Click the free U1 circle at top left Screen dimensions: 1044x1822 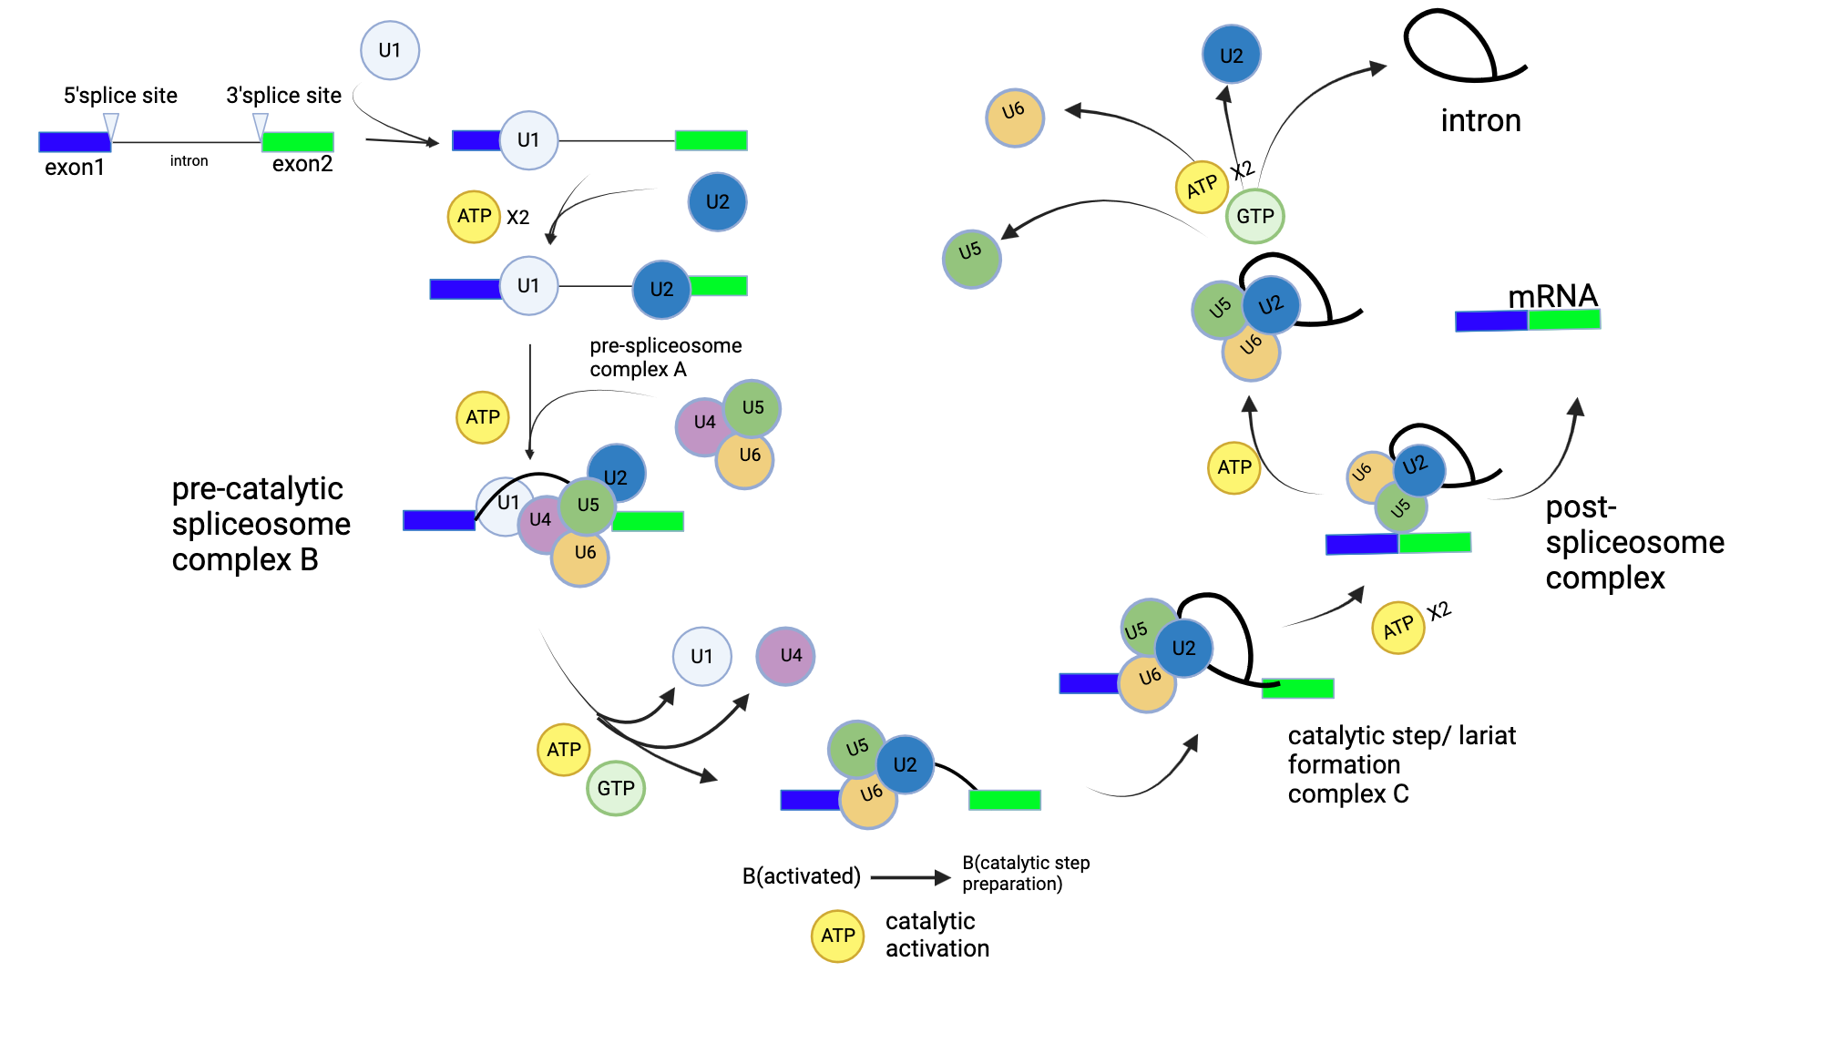(x=390, y=51)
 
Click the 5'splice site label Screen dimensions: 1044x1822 (x=120, y=96)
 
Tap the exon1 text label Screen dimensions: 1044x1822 (x=75, y=168)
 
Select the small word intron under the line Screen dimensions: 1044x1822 (x=189, y=161)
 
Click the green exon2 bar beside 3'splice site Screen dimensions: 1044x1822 (x=298, y=141)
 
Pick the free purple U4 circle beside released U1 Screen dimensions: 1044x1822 (x=785, y=656)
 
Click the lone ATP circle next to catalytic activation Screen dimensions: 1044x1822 (x=837, y=936)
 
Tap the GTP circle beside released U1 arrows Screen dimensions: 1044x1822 (x=616, y=788)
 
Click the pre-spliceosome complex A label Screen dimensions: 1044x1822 (x=665, y=357)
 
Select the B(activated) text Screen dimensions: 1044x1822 (x=801, y=876)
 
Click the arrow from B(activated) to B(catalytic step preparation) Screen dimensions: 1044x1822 (x=910, y=877)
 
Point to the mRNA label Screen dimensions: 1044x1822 (x=1552, y=296)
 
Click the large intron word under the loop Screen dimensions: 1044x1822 (x=1480, y=120)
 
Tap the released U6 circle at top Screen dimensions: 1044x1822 (x=1014, y=118)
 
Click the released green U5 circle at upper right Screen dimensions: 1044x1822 (x=971, y=259)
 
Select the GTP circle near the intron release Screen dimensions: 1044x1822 (x=1254, y=216)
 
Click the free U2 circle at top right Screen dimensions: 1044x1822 (x=1231, y=55)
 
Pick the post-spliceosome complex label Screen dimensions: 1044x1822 (x=1634, y=542)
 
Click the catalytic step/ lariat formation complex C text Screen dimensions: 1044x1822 (x=1401, y=764)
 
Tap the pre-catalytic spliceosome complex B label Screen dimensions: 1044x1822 (x=261, y=524)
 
